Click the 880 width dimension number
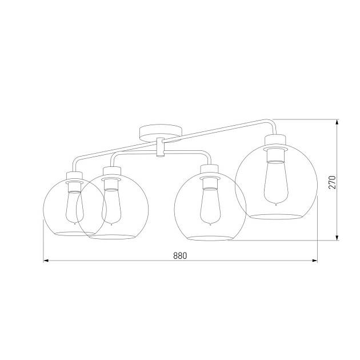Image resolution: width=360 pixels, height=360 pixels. click(180, 255)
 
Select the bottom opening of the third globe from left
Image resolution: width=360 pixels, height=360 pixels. click(210, 237)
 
